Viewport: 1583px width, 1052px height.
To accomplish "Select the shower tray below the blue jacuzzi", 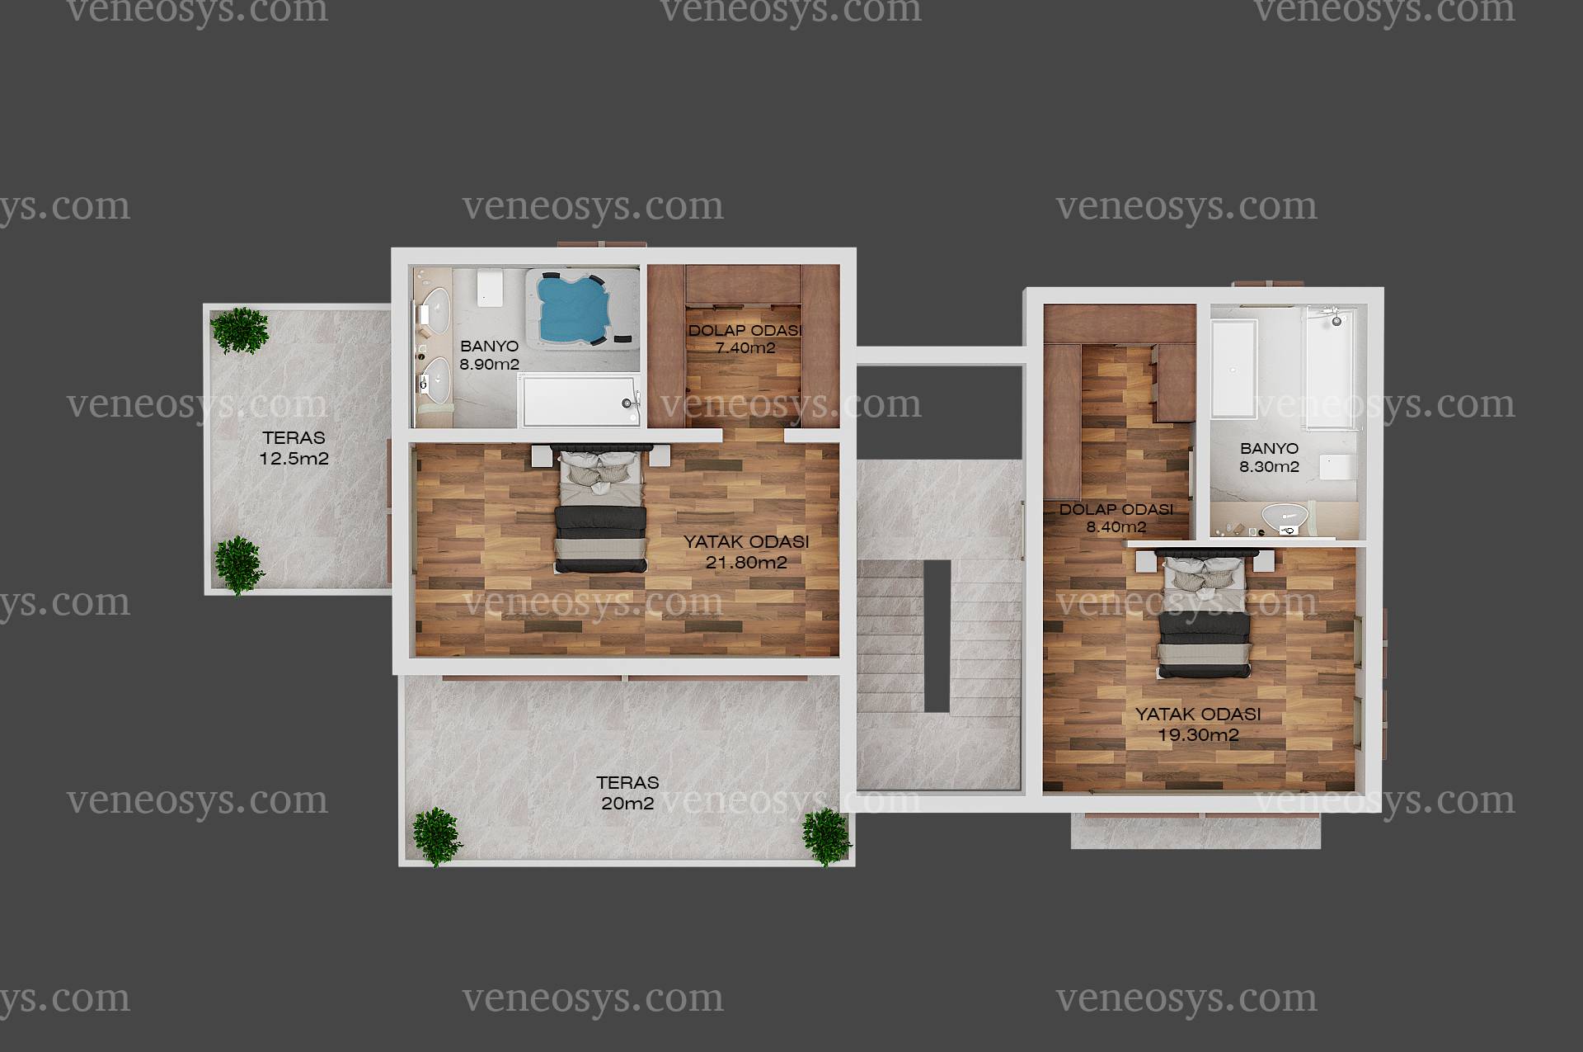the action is pyautogui.click(x=580, y=401).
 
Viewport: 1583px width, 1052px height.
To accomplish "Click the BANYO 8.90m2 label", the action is pyautogui.click(x=490, y=356).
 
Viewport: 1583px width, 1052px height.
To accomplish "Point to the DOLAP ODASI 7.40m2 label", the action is pyautogui.click(x=745, y=339).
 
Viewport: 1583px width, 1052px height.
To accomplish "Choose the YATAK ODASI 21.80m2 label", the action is pyautogui.click(x=746, y=552).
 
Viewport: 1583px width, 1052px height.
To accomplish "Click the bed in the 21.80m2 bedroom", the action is pyautogui.click(x=600, y=510).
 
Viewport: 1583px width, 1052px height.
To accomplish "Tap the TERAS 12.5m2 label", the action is pyautogui.click(x=294, y=448).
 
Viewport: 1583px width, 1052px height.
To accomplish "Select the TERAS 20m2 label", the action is pyautogui.click(x=627, y=793).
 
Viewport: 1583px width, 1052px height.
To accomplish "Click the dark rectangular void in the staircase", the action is pyautogui.click(x=937, y=635).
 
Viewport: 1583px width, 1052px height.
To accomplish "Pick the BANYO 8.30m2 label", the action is pyautogui.click(x=1269, y=458).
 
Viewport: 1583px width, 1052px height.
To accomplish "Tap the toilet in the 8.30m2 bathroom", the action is pyautogui.click(x=1336, y=466).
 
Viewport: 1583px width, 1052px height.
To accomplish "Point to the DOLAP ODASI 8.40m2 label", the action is pyautogui.click(x=1116, y=518).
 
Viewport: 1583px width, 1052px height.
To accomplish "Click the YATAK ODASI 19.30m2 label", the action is pyautogui.click(x=1198, y=724).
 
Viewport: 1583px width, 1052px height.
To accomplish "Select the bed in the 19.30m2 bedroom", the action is pyautogui.click(x=1203, y=615).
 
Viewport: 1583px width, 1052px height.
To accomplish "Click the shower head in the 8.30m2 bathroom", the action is pyautogui.click(x=1335, y=317).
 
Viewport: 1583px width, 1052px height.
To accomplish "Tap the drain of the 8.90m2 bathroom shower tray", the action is pyautogui.click(x=628, y=403).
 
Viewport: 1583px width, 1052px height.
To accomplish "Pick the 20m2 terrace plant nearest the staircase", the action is pyautogui.click(x=826, y=836).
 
